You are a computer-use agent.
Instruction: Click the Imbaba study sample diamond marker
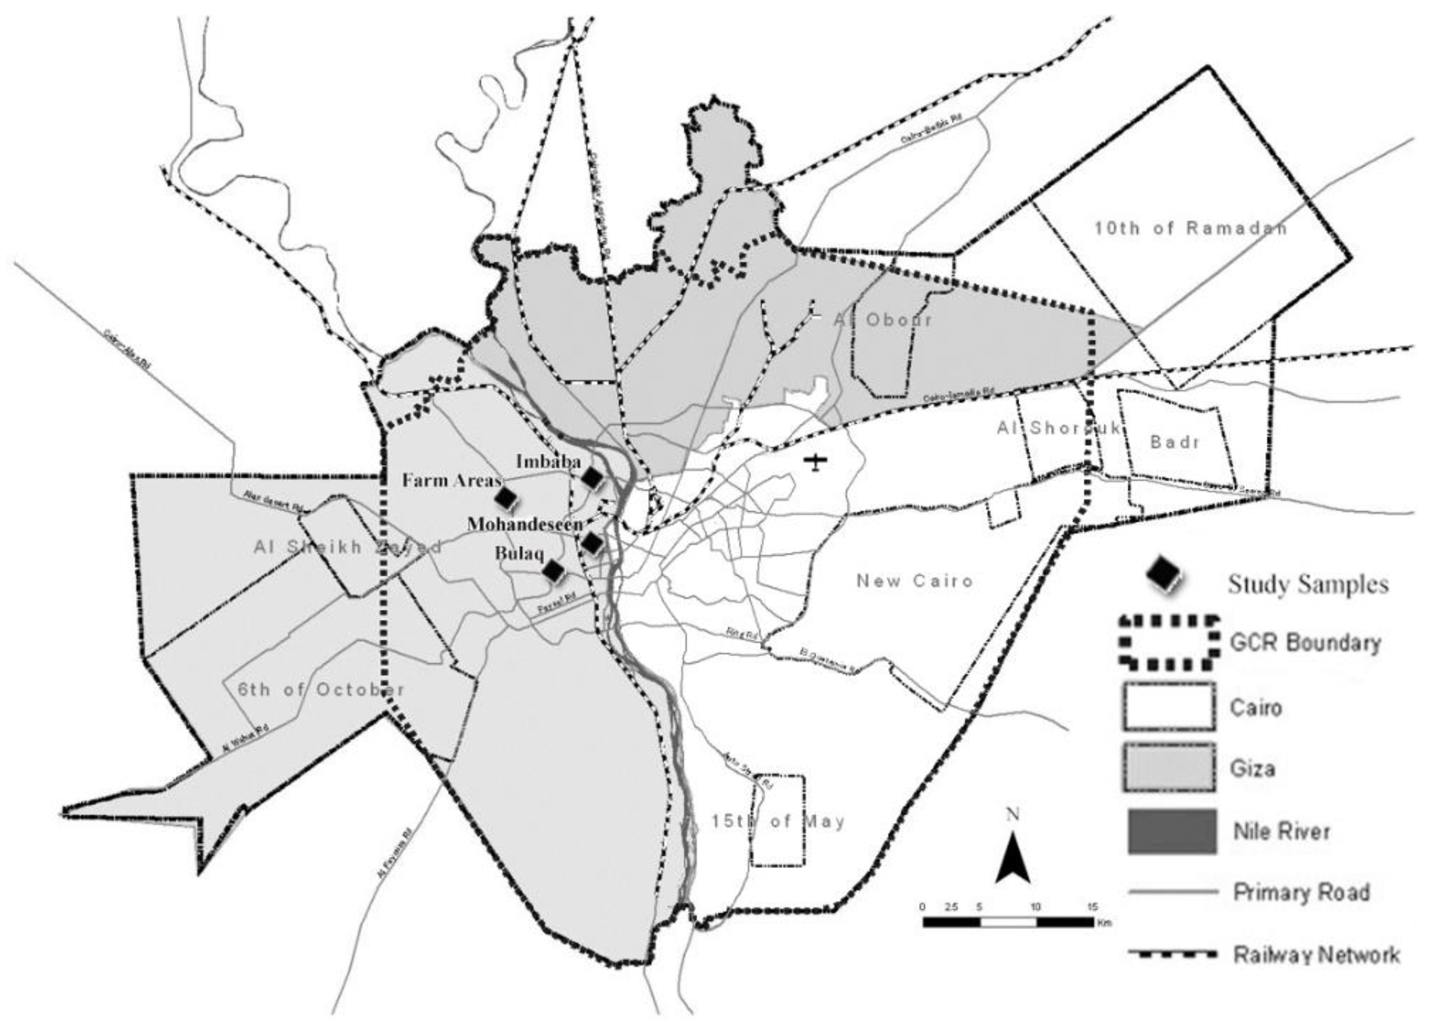[x=592, y=478]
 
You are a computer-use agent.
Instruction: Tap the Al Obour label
[x=883, y=319]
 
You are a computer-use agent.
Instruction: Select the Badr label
[x=1175, y=442]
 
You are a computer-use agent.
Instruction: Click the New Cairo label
[x=915, y=581]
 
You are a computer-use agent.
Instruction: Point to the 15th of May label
[x=778, y=822]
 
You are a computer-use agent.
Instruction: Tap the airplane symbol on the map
[x=816, y=462]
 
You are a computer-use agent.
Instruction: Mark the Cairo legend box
[x=1169, y=707]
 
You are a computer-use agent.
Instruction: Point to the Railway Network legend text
[x=1316, y=954]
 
